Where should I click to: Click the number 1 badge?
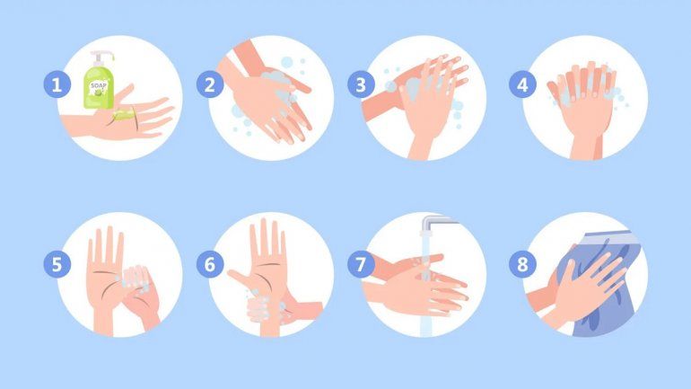[x=57, y=84]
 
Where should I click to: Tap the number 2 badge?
[x=210, y=84]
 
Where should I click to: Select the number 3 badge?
[x=361, y=84]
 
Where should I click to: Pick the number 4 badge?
[x=522, y=84]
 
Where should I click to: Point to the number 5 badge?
[x=57, y=264]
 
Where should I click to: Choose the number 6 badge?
[x=210, y=264]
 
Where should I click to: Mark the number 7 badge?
[x=361, y=264]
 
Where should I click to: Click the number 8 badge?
[x=522, y=264]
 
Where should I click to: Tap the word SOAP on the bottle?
[x=99, y=85]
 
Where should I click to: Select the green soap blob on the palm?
[x=124, y=115]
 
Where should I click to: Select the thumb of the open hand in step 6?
[x=240, y=278]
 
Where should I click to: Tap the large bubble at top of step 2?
[x=287, y=62]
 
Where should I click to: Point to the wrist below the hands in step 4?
[x=586, y=147]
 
